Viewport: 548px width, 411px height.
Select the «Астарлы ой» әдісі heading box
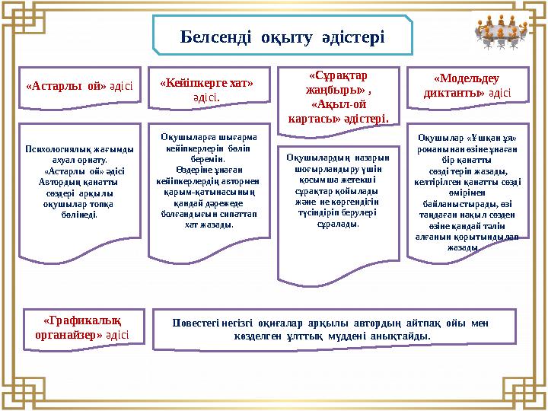[x=79, y=86]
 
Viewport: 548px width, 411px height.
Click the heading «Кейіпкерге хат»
[x=206, y=83]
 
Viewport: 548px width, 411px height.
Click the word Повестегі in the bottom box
[x=199, y=322]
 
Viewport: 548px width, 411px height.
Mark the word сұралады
[x=337, y=225]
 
